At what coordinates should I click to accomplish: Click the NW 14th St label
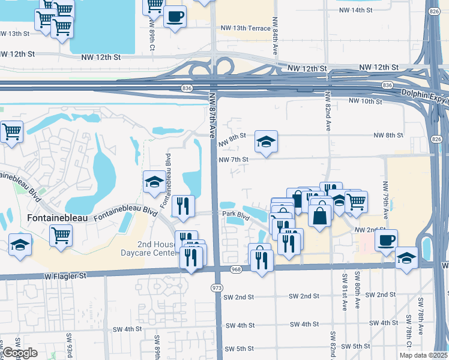(x=356, y=10)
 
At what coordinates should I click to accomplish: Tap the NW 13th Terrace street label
(x=246, y=28)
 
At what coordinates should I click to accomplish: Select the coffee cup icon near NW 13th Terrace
(x=175, y=17)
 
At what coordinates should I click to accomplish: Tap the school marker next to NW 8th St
(x=266, y=142)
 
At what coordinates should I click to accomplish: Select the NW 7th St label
(x=234, y=160)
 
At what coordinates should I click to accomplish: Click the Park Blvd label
(x=235, y=214)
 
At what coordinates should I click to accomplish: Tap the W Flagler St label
(x=65, y=276)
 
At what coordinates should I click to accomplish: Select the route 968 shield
(x=236, y=269)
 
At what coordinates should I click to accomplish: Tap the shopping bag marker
(x=321, y=214)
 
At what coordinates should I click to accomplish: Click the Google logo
(x=20, y=353)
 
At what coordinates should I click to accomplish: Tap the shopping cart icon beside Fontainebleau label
(x=61, y=236)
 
